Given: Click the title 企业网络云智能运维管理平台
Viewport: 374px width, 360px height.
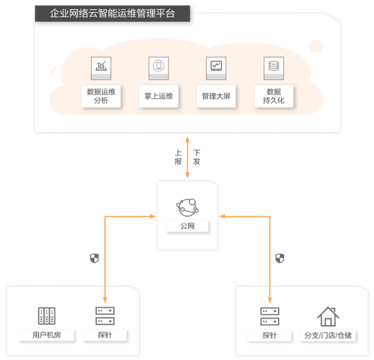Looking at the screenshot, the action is point(113,13).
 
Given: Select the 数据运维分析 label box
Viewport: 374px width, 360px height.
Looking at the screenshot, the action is point(101,96).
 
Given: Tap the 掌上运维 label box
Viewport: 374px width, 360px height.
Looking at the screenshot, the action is point(158,96).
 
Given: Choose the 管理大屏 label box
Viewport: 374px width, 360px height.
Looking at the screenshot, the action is point(216,96).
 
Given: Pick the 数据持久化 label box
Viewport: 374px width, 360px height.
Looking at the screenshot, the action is point(274,96).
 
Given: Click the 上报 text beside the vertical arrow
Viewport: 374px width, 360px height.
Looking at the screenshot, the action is point(178,157).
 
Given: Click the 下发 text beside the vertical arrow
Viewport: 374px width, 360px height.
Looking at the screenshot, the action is point(197,157).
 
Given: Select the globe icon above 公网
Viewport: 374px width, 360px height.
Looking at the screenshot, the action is point(187,207).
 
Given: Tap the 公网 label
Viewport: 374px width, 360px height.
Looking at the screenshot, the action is point(187,226).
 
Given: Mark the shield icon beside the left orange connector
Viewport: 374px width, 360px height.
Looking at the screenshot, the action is point(94,258).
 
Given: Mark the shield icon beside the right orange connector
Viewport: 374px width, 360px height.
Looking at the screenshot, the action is point(280,258).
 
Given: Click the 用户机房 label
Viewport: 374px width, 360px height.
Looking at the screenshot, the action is point(47,335).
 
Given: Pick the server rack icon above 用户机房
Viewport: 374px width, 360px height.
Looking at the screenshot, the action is point(47,316).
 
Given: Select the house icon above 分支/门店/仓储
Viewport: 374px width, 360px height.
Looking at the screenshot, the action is point(328,317).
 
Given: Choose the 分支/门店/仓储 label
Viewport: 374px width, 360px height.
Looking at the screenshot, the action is point(328,336).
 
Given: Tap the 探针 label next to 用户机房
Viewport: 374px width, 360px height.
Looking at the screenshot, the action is point(105,335).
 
